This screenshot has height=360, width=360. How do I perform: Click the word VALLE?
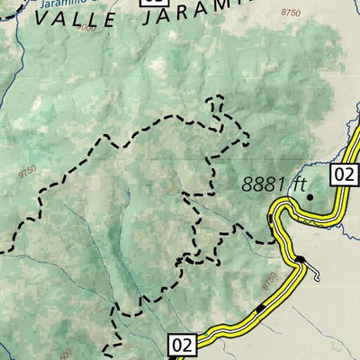[x=76, y=15]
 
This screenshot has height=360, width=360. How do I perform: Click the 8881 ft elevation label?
[x=274, y=184]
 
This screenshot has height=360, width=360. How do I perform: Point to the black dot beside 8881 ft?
[x=309, y=194]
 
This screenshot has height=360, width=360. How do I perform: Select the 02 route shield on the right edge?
[x=344, y=175]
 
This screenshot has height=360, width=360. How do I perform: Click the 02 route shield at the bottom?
[x=181, y=344]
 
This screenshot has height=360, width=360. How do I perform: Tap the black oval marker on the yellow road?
[x=300, y=260]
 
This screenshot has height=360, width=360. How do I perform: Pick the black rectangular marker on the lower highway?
[x=260, y=309]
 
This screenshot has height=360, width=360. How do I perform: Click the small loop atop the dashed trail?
[x=216, y=102]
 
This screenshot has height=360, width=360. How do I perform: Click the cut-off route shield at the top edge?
[x=150, y=2]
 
